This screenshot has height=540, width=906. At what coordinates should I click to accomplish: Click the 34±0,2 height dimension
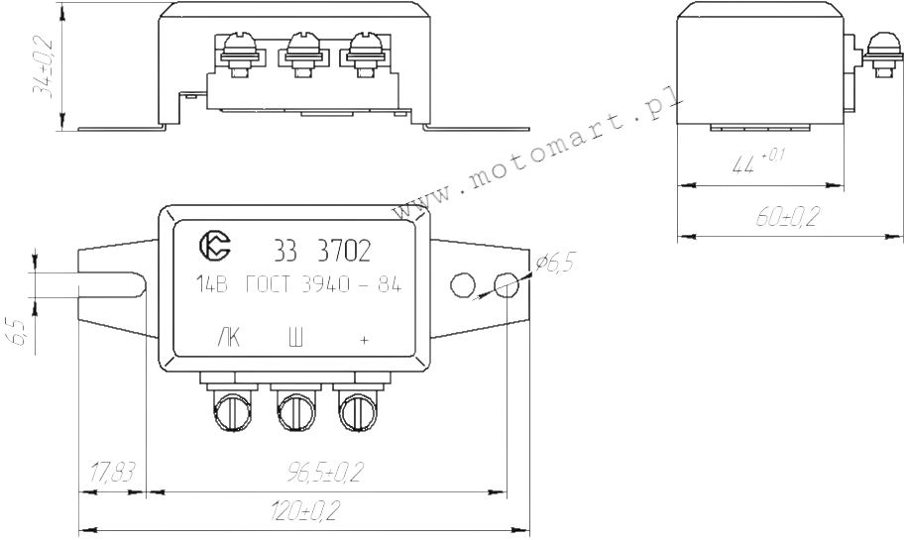tap(42, 66)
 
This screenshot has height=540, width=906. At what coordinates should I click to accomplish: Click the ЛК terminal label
tap(229, 339)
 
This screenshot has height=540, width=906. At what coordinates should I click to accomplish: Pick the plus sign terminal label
tap(364, 340)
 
